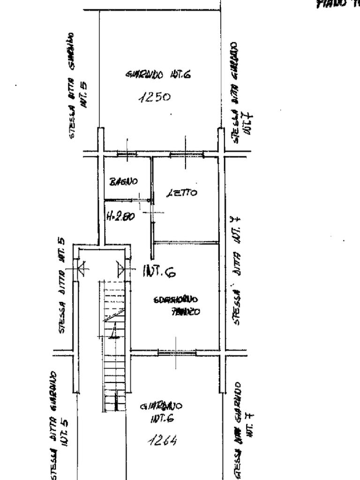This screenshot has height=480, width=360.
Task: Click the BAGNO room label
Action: (123, 181)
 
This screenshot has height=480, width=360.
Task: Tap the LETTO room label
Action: (182, 192)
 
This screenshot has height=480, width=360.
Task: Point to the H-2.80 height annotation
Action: (121, 217)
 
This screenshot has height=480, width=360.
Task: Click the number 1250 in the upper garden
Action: (154, 97)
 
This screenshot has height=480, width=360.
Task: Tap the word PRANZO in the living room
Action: (186, 311)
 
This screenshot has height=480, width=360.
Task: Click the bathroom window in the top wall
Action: (126, 153)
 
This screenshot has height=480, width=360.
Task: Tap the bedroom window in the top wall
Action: (186, 153)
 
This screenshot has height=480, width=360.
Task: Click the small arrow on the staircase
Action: (113, 331)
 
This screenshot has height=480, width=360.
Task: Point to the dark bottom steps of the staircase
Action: (114, 402)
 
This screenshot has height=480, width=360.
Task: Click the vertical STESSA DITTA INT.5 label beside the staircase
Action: (62, 286)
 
